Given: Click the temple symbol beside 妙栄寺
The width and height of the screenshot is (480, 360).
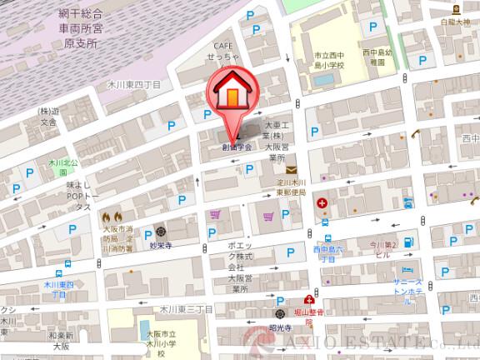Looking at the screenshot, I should [160, 231].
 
